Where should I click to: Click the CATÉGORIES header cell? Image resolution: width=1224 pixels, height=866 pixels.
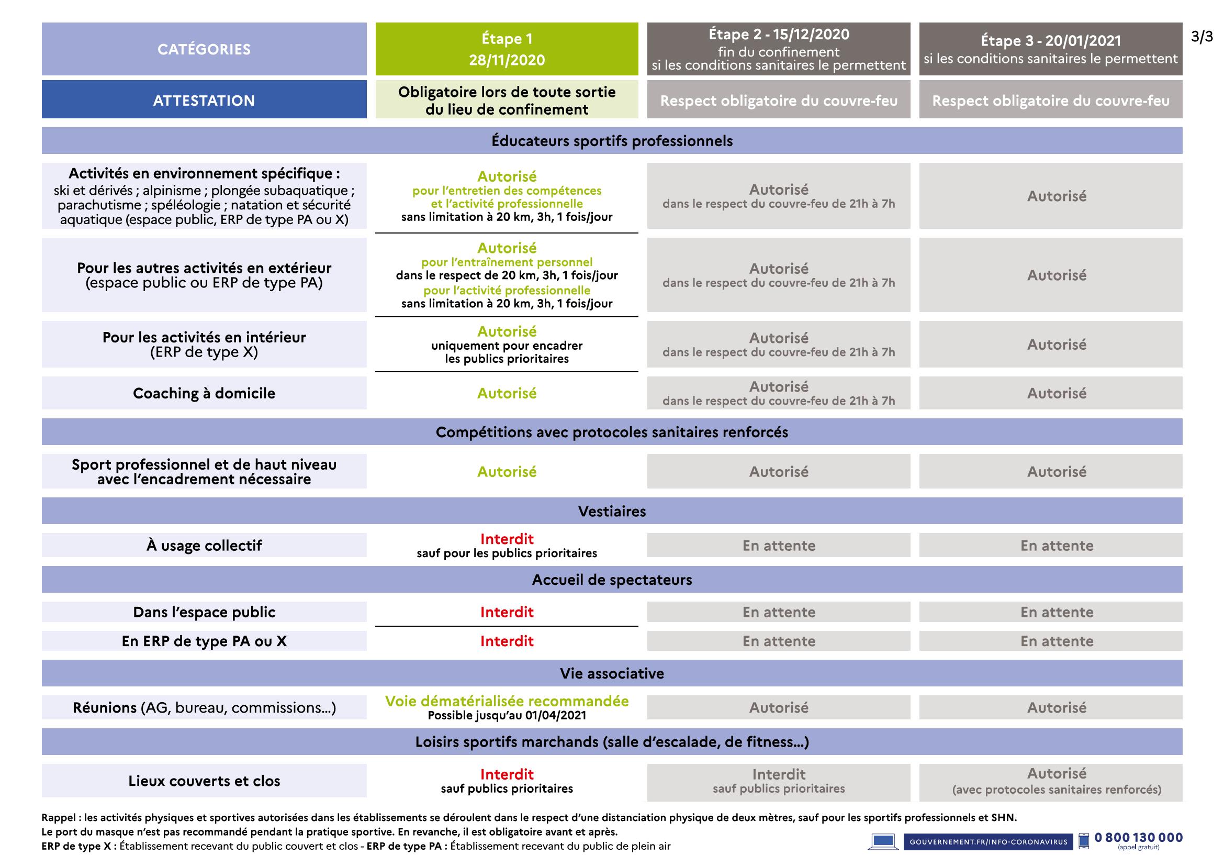click(204, 49)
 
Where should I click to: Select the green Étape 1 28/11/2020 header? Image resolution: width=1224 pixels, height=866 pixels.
click(507, 49)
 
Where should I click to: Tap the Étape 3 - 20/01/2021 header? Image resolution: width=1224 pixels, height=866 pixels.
click(1050, 49)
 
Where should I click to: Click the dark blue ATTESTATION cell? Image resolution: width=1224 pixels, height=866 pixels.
click(204, 100)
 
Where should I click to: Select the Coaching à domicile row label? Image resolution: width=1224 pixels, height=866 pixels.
click(204, 393)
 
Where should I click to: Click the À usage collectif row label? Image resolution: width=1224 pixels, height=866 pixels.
click(204, 545)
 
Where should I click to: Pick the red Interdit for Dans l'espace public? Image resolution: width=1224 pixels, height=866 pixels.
click(507, 612)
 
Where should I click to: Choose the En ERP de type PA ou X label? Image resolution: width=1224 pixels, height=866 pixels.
click(204, 641)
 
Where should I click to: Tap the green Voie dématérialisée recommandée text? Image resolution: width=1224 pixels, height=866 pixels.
click(507, 701)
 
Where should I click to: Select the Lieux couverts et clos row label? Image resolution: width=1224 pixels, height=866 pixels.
click(204, 781)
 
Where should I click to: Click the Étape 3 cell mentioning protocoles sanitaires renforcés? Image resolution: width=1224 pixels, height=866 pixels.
click(1056, 782)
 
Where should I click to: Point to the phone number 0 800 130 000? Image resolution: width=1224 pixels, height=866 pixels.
click(1138, 837)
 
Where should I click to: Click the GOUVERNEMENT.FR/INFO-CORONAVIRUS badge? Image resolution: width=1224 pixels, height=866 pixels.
click(989, 841)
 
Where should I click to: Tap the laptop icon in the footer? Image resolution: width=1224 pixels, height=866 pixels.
click(883, 841)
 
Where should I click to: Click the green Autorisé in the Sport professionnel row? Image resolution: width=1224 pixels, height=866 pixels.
click(507, 471)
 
